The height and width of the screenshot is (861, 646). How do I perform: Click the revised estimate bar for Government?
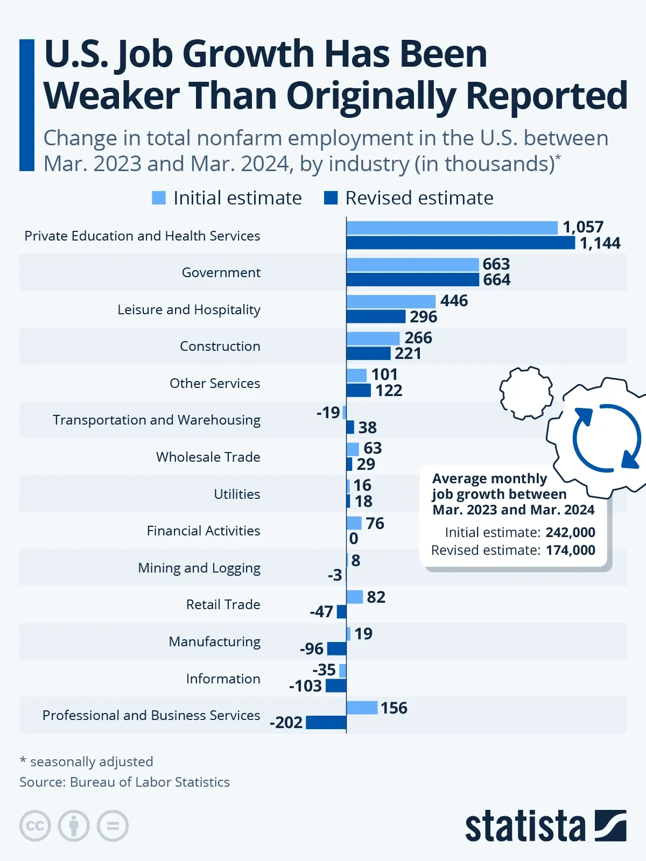[412, 280]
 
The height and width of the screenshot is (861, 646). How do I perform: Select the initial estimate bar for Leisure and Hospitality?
[391, 301]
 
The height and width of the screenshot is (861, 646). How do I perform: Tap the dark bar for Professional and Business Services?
[326, 723]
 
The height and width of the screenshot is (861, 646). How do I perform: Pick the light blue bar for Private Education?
[452, 228]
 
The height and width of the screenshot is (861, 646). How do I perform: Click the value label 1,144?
[600, 243]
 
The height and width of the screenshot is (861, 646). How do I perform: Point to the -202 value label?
[286, 723]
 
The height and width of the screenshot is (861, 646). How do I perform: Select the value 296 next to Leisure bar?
[423, 317]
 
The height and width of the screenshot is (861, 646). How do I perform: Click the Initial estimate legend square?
[159, 198]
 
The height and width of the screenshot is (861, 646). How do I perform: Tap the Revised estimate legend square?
[331, 198]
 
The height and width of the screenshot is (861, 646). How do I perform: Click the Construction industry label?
[220, 346]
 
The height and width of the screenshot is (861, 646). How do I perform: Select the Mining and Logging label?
[199, 568]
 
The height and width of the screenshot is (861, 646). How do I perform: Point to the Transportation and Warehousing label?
[156, 420]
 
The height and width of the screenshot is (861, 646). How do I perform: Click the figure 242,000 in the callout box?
[570, 533]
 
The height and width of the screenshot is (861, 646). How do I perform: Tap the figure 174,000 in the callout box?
[570, 551]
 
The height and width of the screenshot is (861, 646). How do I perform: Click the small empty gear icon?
[526, 393]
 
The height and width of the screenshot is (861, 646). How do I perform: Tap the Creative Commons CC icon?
[35, 825]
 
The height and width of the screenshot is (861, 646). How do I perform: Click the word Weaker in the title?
[111, 96]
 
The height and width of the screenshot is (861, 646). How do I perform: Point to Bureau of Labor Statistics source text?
[150, 782]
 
